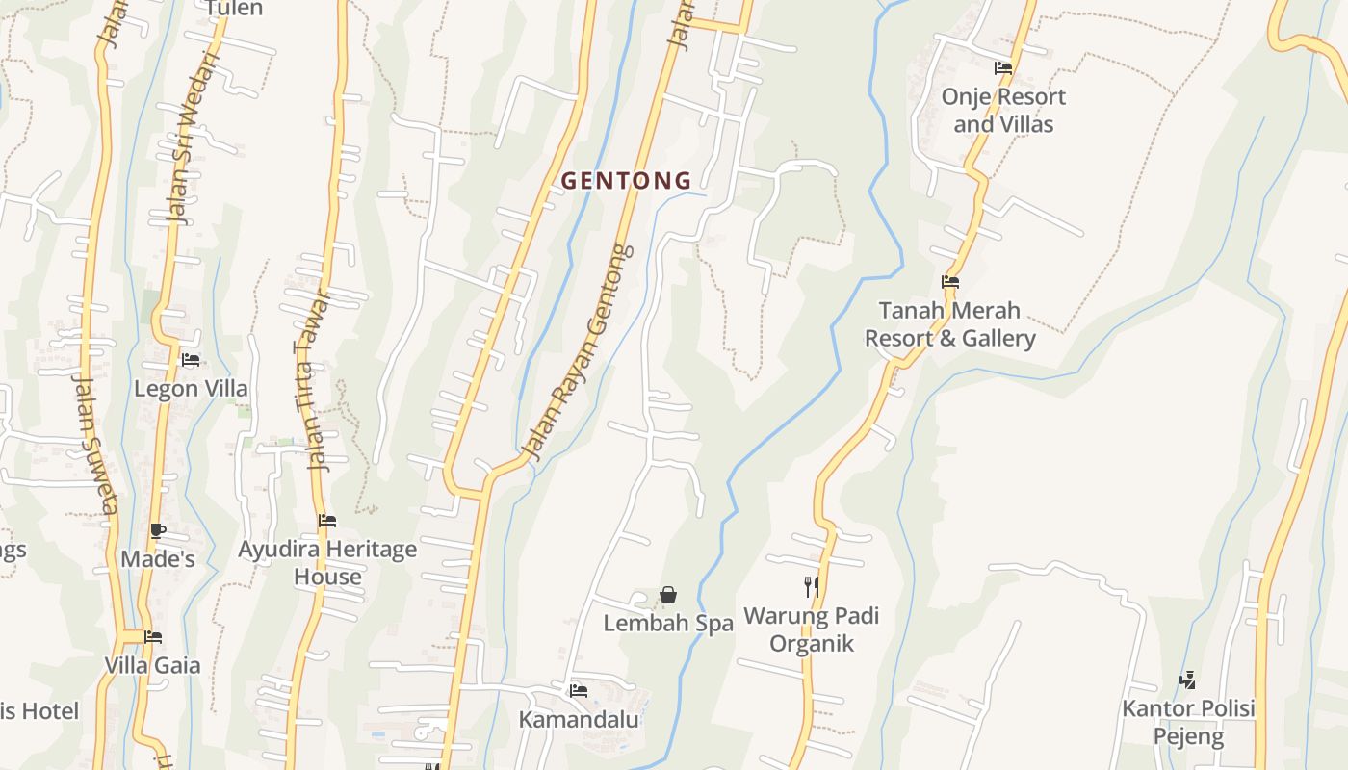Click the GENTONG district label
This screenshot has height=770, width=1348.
pos(626,180)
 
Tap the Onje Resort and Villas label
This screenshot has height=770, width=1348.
pos(1003,110)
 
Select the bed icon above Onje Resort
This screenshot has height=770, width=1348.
pos(1003,68)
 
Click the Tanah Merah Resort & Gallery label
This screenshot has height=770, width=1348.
pos(949,324)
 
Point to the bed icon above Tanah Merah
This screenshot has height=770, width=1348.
pos(950,282)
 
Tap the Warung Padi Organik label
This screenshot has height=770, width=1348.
pos(811,629)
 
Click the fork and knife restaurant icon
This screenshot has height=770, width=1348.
pos(811,586)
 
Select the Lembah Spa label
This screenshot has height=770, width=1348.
pos(668,623)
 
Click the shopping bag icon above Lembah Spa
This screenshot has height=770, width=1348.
pos(668,595)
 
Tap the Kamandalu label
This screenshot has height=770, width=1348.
pos(579,719)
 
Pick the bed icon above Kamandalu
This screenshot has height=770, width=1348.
pos(579,690)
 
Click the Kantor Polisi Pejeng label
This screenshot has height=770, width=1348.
pos(1188,723)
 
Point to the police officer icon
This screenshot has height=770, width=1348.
pos(1187,680)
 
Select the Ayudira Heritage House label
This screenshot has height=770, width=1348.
pos(327,563)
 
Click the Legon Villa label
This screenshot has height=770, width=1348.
pos(191,389)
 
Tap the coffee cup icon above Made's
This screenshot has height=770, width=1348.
pos(158,530)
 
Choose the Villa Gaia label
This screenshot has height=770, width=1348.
pos(152,665)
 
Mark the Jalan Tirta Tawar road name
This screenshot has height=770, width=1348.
pos(315,380)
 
